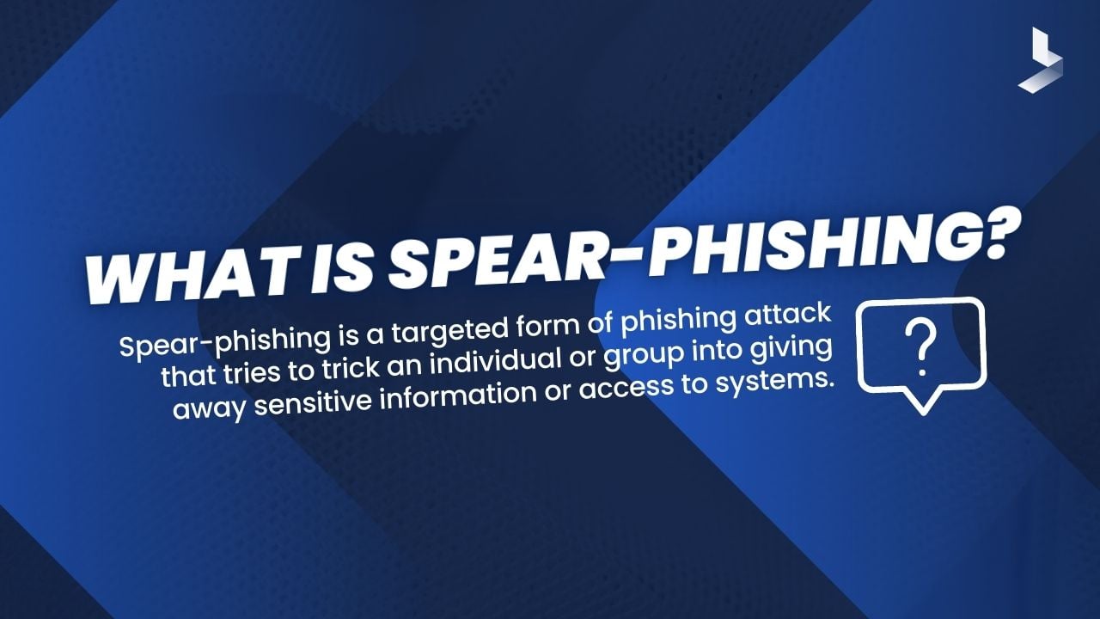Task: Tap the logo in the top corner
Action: pyautogui.click(x=1041, y=59)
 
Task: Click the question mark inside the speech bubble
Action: pyautogui.click(x=922, y=347)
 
